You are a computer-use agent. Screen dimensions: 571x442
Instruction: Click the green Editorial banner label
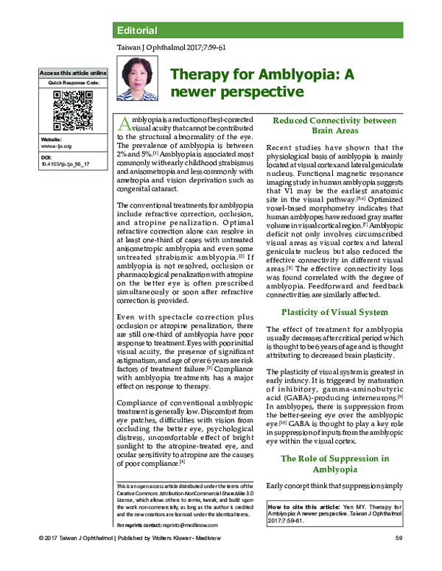pyautogui.click(x=137, y=30)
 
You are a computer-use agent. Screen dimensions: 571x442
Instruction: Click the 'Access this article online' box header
pyautogui.click(x=74, y=73)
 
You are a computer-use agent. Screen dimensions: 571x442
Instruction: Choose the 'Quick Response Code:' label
pyautogui.click(x=74, y=82)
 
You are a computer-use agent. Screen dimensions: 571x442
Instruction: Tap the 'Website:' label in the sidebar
pyautogui.click(x=52, y=138)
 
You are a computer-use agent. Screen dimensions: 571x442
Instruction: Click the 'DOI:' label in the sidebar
pyautogui.click(x=46, y=157)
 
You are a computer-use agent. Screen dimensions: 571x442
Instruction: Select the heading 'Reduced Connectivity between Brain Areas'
pyautogui.click(x=331, y=125)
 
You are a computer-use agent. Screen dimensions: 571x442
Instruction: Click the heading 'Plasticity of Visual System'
pyautogui.click(x=331, y=313)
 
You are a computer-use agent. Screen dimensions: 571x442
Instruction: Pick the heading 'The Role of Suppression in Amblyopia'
pyautogui.click(x=331, y=465)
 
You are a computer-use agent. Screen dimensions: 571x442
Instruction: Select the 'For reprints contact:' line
pyautogui.click(x=139, y=527)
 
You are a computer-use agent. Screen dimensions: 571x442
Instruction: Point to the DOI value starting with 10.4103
pyautogui.click(x=66, y=165)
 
